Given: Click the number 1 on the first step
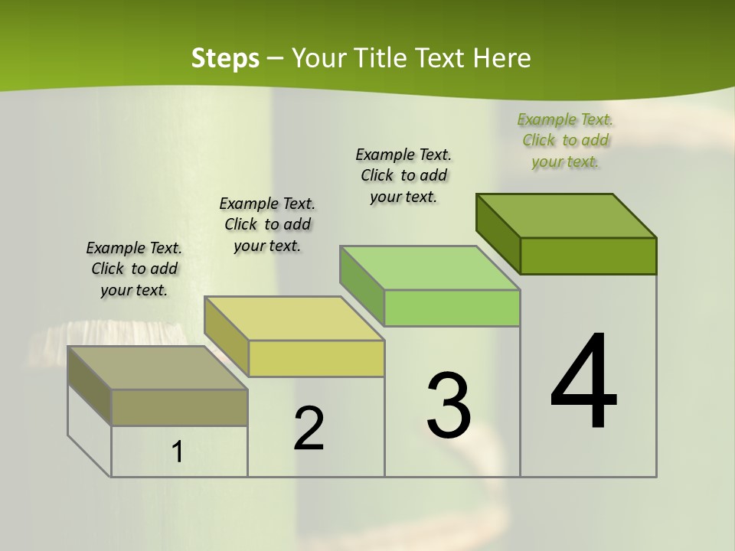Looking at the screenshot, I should (x=178, y=452).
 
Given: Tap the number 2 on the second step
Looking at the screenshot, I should (x=309, y=429).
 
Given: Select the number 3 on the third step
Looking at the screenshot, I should (x=449, y=406).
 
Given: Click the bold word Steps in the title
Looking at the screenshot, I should (x=225, y=58).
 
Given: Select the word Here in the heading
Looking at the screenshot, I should (x=501, y=58).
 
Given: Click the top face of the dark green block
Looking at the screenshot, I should (x=567, y=216).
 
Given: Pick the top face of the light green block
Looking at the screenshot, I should (x=430, y=268).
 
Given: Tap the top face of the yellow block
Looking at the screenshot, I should (x=294, y=318).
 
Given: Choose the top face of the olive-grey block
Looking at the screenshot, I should (x=158, y=368).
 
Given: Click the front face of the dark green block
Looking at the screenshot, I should (x=588, y=256).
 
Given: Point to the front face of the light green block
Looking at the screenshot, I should (x=452, y=308).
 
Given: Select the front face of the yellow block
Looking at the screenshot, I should (x=316, y=359).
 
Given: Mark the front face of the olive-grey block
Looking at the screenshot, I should (x=179, y=408).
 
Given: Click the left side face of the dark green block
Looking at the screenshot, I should (x=498, y=233).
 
